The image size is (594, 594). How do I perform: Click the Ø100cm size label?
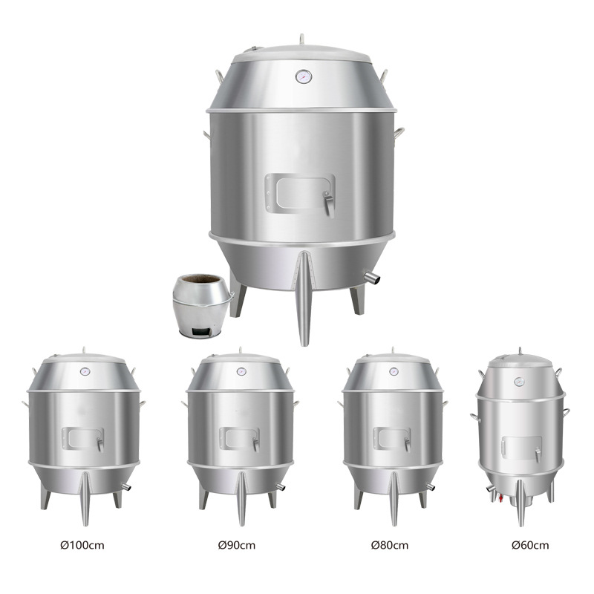pos(82,546)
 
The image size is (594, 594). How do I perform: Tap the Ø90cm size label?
pos(237,546)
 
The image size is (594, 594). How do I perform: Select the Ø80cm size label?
pos(390,546)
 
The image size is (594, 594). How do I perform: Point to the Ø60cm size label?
pos(530,546)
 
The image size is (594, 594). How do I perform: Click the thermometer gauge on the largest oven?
pos(304,76)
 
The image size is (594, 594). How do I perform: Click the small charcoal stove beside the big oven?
pos(202,306)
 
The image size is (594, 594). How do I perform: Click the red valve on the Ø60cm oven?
pos(500,497)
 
